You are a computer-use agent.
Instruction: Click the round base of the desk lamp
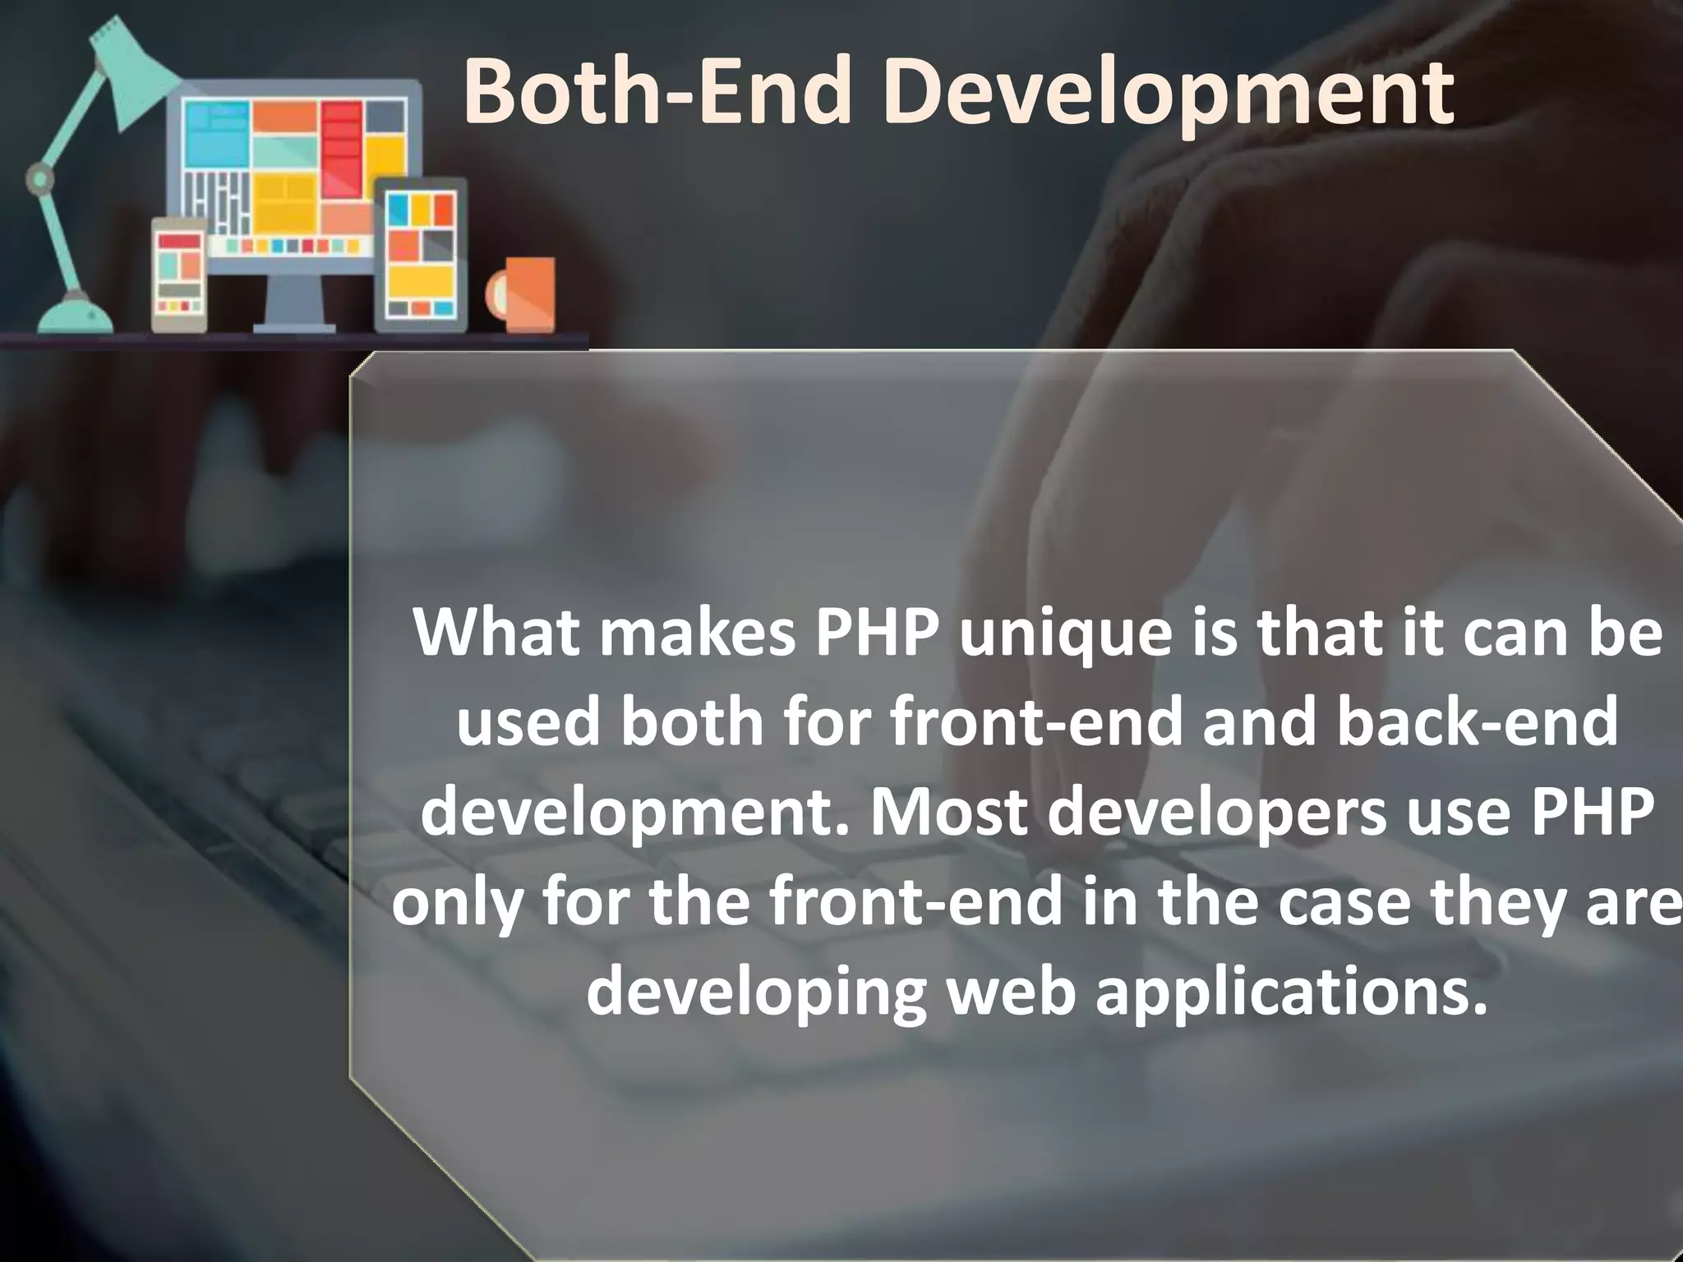coord(76,316)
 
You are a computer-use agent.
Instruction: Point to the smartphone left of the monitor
coord(179,274)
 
